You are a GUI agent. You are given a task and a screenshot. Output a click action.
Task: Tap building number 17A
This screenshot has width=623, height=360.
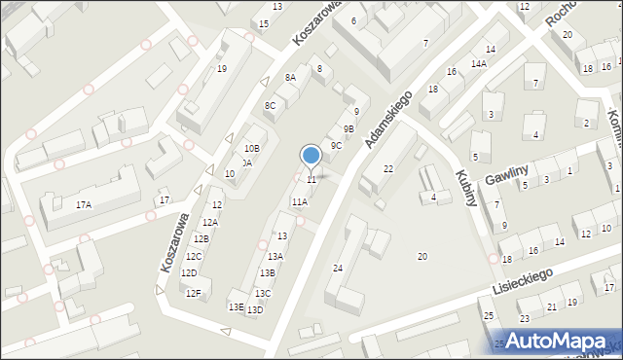84,204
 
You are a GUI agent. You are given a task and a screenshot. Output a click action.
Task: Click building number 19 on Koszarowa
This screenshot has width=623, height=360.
222,68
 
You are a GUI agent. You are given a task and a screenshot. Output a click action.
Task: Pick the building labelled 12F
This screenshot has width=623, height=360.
194,293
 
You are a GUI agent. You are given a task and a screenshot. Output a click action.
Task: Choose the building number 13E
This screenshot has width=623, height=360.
236,306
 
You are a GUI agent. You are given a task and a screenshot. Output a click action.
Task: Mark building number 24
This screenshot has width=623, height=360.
338,268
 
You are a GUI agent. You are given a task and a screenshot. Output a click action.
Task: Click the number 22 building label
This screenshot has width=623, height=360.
387,169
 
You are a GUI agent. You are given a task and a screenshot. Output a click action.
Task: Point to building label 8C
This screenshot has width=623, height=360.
270,105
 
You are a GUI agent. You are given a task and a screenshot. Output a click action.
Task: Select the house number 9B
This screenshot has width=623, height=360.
348,128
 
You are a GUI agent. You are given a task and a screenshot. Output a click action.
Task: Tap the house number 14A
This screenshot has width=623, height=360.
478,63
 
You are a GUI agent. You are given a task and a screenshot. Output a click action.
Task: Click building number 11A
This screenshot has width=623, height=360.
299,201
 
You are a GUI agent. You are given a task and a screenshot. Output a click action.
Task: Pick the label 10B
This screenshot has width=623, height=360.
252,148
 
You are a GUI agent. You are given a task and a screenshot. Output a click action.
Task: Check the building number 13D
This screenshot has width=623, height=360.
255,310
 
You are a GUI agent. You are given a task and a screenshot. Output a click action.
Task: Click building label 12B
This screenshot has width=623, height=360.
202,238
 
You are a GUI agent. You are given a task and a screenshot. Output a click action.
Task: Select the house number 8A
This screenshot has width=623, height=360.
290,77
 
